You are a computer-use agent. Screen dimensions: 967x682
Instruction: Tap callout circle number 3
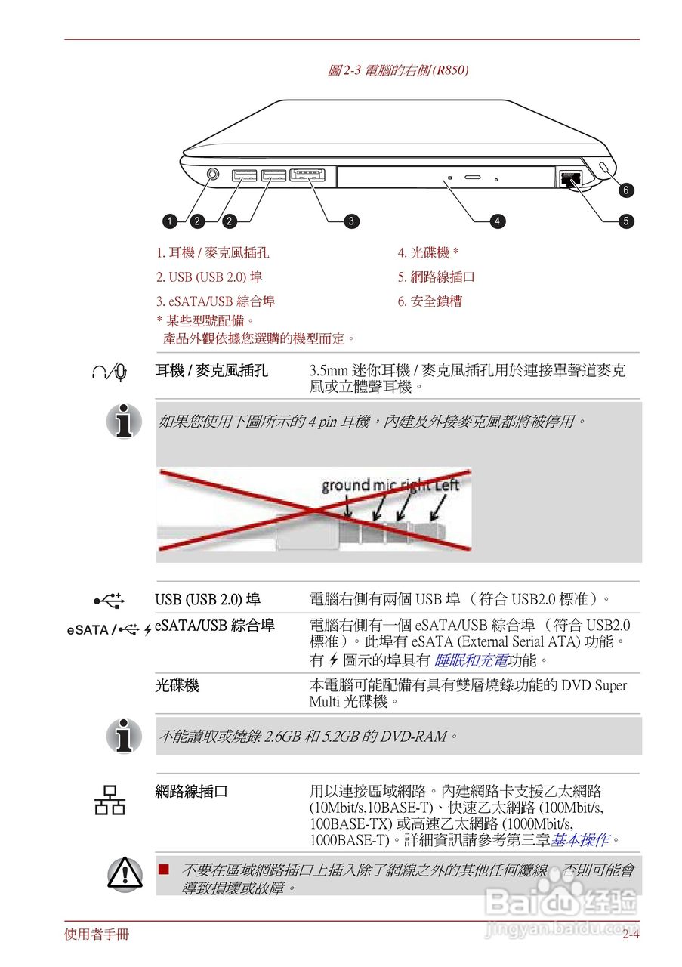point(351,221)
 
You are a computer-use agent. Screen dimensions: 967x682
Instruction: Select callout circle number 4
point(497,221)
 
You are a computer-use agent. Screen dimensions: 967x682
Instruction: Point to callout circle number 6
point(625,190)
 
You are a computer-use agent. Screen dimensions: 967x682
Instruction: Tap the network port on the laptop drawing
point(570,179)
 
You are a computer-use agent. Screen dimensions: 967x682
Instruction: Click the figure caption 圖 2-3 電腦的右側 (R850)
point(398,71)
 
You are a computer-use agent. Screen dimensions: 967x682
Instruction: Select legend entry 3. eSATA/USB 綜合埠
point(216,301)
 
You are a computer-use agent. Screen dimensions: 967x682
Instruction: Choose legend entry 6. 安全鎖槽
point(430,301)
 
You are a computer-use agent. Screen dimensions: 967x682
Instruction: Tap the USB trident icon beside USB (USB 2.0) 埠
point(110,601)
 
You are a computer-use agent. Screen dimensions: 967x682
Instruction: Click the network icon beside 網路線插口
point(110,800)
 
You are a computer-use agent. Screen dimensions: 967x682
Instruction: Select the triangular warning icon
point(124,873)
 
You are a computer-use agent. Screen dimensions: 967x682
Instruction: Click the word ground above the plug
point(346,486)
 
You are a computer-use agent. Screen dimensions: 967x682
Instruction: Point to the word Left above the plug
point(446,485)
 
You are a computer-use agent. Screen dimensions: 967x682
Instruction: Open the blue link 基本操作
point(579,839)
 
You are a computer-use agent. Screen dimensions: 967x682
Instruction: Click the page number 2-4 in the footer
point(631,935)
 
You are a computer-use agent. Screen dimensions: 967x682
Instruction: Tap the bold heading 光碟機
point(177,685)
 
